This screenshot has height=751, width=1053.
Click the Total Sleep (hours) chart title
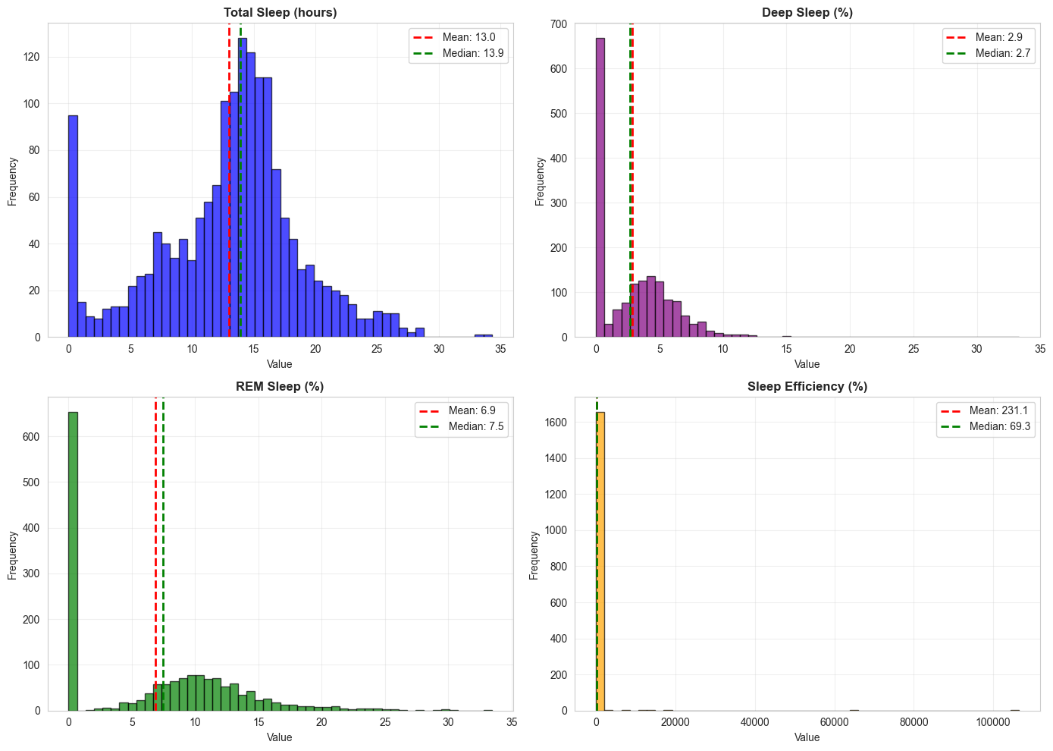click(x=280, y=12)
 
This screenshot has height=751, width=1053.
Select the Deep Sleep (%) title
click(x=807, y=12)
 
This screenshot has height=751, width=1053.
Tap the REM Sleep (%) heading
click(x=280, y=386)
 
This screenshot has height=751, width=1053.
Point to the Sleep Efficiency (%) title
click(x=807, y=386)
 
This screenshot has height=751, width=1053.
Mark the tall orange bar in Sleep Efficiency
click(x=600, y=561)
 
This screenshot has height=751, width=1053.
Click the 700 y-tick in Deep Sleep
click(x=559, y=24)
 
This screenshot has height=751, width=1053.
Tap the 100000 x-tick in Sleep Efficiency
click(x=992, y=722)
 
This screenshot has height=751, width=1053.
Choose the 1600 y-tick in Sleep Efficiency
click(x=556, y=422)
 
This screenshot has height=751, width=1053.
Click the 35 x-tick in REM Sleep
click(x=512, y=722)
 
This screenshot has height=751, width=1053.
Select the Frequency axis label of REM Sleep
click(x=12, y=555)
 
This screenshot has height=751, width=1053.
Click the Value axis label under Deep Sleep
click(x=807, y=364)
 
